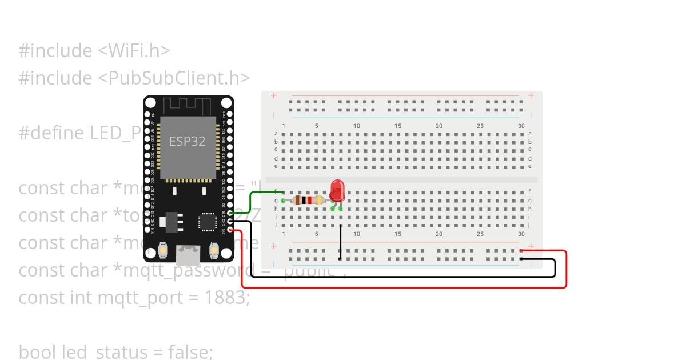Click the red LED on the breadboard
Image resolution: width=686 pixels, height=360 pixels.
click(337, 190)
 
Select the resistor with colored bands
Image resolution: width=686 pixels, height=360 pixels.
click(308, 200)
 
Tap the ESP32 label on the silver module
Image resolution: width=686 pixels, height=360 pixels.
click(187, 141)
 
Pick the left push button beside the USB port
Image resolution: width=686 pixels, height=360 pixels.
click(163, 251)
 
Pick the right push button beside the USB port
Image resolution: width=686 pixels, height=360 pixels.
click(214, 251)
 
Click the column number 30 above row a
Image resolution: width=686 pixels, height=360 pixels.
click(521, 126)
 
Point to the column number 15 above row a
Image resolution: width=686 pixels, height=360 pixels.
click(398, 126)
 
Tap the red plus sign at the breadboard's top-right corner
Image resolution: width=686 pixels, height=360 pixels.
click(531, 95)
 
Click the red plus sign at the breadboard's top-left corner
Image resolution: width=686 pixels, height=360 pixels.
click(274, 95)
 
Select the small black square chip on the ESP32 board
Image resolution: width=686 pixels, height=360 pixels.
click(206, 221)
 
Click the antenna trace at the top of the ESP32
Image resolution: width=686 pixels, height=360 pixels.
click(188, 106)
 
